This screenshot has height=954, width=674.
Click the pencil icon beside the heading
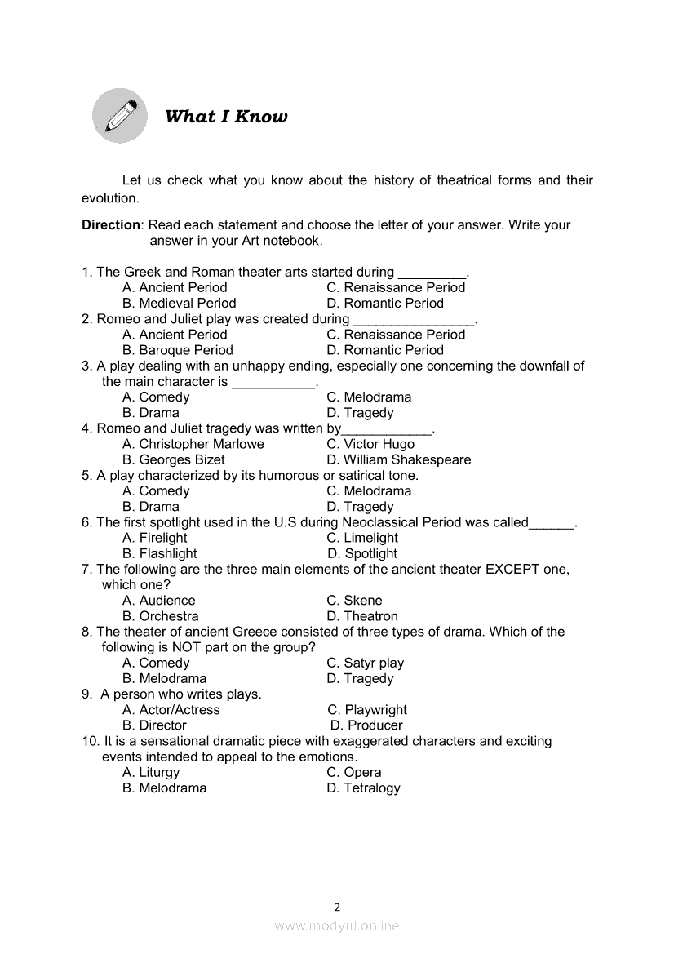(x=120, y=116)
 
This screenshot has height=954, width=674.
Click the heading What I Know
(x=226, y=117)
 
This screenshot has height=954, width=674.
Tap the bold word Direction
(x=111, y=225)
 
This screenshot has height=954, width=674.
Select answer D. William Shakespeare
(x=398, y=459)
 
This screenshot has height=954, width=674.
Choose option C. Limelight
(x=362, y=538)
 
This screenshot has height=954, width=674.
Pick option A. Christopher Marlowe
(x=193, y=444)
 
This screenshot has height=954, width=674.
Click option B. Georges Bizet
(x=173, y=459)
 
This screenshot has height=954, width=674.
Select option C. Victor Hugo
(x=370, y=444)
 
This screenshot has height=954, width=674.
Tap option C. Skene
(x=354, y=601)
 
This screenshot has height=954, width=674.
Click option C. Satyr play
(x=365, y=663)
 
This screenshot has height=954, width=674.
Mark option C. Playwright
(x=367, y=710)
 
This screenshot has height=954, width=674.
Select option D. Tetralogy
(x=363, y=788)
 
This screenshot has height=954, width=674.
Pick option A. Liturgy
(x=151, y=772)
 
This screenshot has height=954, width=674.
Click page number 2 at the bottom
(x=337, y=906)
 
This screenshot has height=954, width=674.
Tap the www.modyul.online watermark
(x=337, y=925)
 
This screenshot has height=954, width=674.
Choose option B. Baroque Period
(x=178, y=350)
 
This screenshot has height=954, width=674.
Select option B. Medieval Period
(x=180, y=303)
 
